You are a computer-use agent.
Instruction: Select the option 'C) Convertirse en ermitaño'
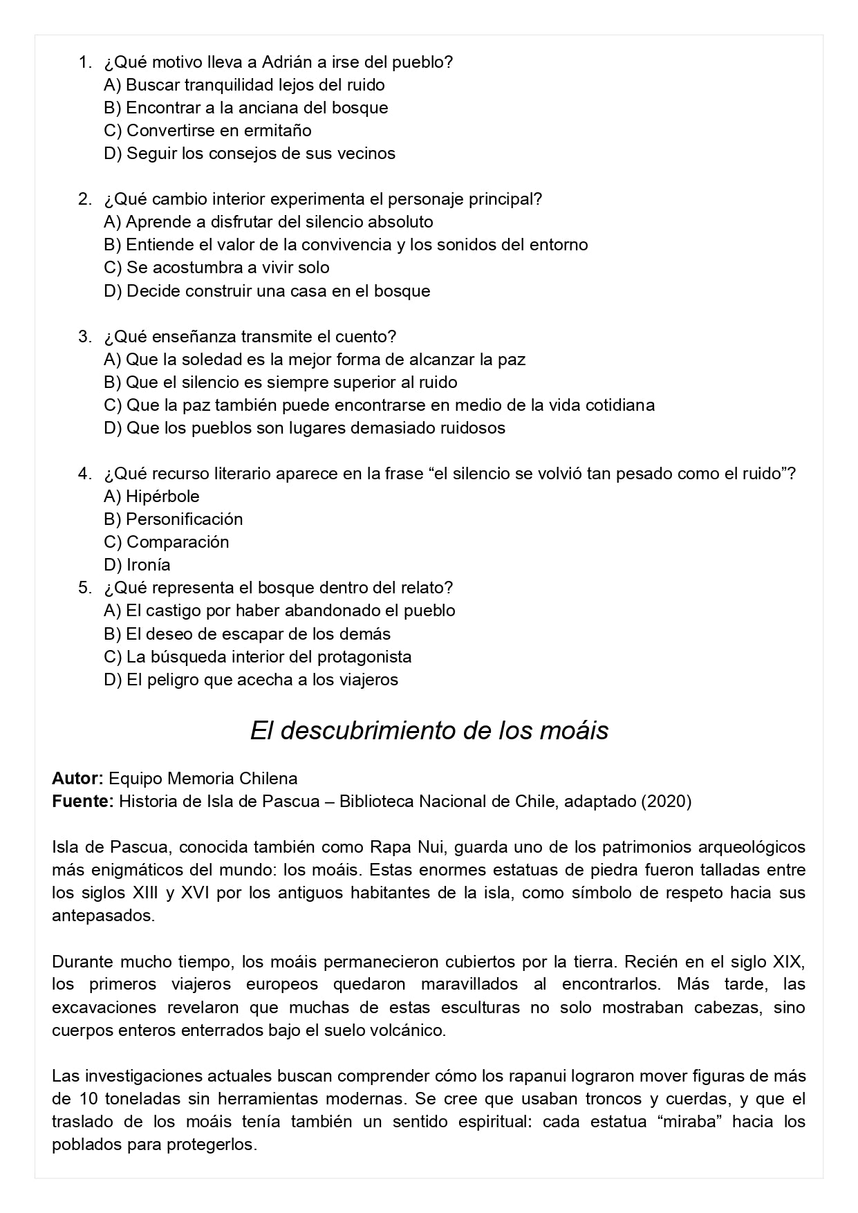pyautogui.click(x=207, y=131)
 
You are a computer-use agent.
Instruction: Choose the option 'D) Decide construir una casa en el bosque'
pyautogui.click(x=267, y=291)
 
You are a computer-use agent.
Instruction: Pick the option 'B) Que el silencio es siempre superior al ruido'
pyautogui.click(x=280, y=382)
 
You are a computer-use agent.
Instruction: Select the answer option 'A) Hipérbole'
pyautogui.click(x=151, y=497)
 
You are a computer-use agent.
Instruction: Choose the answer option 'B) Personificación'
pyautogui.click(x=173, y=519)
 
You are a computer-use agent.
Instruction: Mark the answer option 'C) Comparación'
pyautogui.click(x=166, y=542)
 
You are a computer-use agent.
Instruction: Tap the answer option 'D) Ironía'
pyautogui.click(x=137, y=565)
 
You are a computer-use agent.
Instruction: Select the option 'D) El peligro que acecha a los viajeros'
pyautogui.click(x=251, y=680)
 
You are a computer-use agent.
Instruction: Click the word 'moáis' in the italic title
pyautogui.click(x=576, y=731)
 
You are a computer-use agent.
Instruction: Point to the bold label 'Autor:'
pyautogui.click(x=77, y=779)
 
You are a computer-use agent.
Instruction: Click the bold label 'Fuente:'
pyautogui.click(x=82, y=802)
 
